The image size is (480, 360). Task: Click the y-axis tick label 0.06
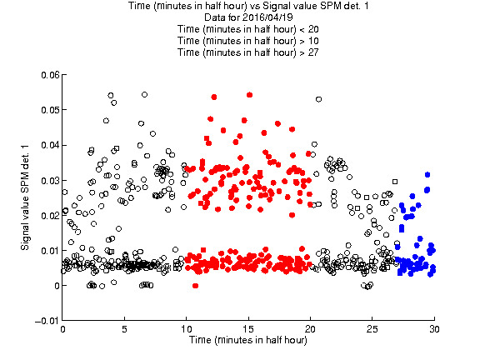click(x=50, y=75)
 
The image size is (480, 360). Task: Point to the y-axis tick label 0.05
click(x=50, y=110)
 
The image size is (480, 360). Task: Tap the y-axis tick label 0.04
click(x=50, y=145)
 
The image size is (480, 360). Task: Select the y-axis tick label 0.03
click(x=50, y=180)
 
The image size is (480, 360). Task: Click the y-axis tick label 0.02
click(x=50, y=216)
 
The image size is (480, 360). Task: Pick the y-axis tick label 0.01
click(x=50, y=251)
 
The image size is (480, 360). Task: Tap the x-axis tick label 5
click(x=124, y=329)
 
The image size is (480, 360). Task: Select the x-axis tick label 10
click(x=186, y=329)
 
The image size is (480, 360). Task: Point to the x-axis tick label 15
click(x=248, y=329)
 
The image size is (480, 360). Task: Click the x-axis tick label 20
click(x=310, y=329)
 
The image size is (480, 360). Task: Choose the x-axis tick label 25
click(x=372, y=329)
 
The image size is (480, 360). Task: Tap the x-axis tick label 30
click(x=434, y=329)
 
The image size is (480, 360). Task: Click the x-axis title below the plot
click(x=248, y=340)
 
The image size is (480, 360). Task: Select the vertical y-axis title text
click(x=25, y=197)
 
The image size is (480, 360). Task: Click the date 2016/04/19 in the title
click(x=267, y=17)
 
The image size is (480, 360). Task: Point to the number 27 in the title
click(x=313, y=52)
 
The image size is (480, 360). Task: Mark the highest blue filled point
click(x=427, y=174)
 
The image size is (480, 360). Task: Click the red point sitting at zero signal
click(x=195, y=286)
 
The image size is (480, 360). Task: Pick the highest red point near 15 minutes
click(x=249, y=95)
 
